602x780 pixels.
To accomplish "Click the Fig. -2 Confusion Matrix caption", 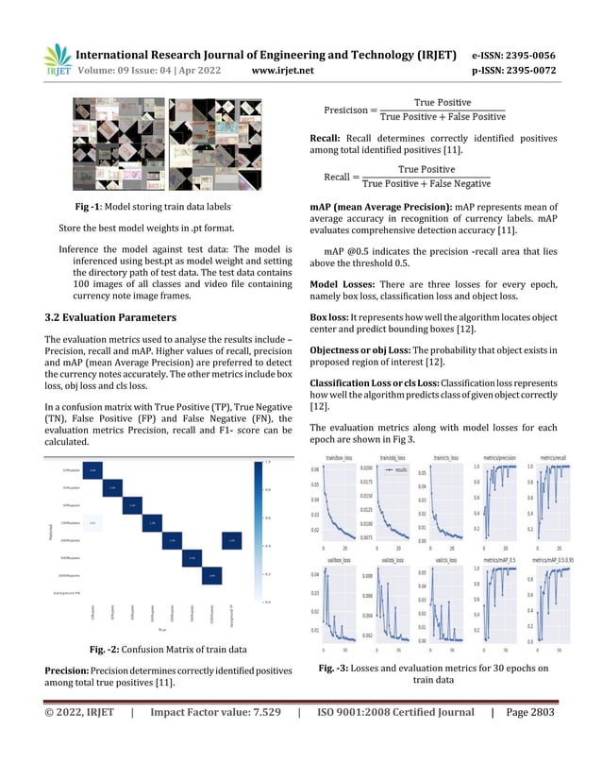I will pos(167,649).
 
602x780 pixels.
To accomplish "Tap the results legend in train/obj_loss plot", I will pos(395,468).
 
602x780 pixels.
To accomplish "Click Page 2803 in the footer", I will pos(529,728).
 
